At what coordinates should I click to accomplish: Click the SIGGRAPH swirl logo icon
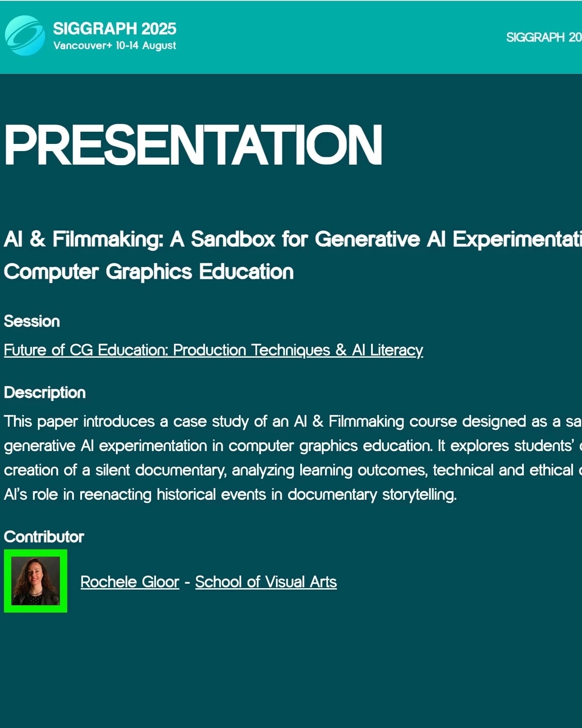pyautogui.click(x=25, y=36)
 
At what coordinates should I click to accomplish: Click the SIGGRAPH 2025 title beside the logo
pyautogui.click(x=115, y=28)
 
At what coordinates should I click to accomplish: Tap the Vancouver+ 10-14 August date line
pyautogui.click(x=115, y=46)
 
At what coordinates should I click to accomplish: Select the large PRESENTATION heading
pyautogui.click(x=193, y=145)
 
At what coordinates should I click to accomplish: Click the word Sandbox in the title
pyautogui.click(x=233, y=239)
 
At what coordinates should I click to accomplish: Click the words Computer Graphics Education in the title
pyautogui.click(x=149, y=272)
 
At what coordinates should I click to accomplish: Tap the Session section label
pyautogui.click(x=32, y=322)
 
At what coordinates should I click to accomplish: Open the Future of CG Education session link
pyautogui.click(x=213, y=350)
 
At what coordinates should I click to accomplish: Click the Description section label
pyautogui.click(x=45, y=393)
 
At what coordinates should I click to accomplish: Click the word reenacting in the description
pyautogui.click(x=115, y=495)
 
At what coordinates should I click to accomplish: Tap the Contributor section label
pyautogui.click(x=44, y=537)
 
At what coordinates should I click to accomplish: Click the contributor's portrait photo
pyautogui.click(x=36, y=581)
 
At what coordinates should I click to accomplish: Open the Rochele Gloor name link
pyautogui.click(x=130, y=582)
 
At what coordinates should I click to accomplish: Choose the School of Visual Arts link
pyautogui.click(x=266, y=582)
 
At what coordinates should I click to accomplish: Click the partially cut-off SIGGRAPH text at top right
pyautogui.click(x=544, y=37)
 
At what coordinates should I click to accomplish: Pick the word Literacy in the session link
pyautogui.click(x=397, y=350)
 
